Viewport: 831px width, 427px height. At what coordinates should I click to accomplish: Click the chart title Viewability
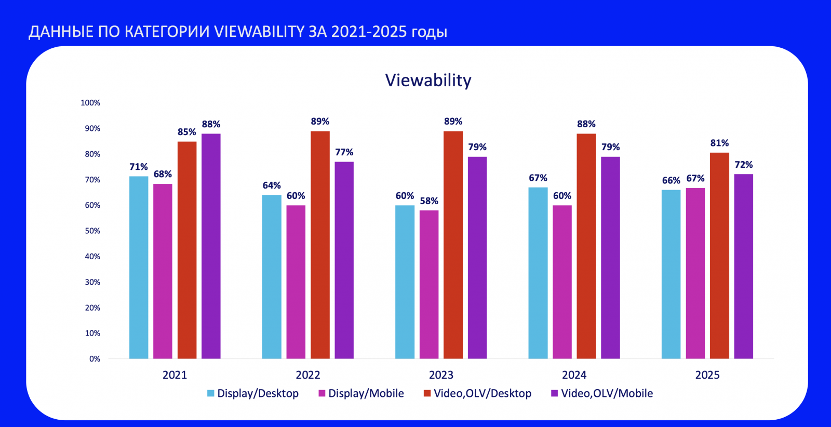428,81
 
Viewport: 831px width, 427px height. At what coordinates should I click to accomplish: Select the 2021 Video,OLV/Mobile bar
211,246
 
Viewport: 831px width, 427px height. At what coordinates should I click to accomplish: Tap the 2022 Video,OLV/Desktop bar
320,245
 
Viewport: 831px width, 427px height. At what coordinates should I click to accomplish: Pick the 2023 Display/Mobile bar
429,285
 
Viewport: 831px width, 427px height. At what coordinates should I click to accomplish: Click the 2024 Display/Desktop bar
538,273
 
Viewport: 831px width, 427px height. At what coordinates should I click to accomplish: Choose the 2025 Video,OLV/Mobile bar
743,266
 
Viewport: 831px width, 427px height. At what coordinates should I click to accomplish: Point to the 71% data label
139,167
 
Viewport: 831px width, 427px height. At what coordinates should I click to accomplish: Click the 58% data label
429,201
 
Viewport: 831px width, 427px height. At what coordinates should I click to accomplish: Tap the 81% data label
719,143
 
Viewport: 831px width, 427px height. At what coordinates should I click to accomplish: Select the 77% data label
344,152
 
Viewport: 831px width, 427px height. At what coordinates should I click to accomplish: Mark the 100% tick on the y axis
90,103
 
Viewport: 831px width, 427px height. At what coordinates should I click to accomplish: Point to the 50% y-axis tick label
92,231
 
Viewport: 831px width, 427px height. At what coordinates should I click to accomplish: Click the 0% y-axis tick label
95,359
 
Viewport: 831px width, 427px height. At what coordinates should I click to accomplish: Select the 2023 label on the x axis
441,375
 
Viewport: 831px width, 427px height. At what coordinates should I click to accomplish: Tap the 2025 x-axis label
707,375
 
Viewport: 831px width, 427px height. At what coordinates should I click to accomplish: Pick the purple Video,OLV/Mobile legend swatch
554,393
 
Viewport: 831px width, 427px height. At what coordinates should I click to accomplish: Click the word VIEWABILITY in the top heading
259,32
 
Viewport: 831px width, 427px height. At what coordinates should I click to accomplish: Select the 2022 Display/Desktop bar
272,277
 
